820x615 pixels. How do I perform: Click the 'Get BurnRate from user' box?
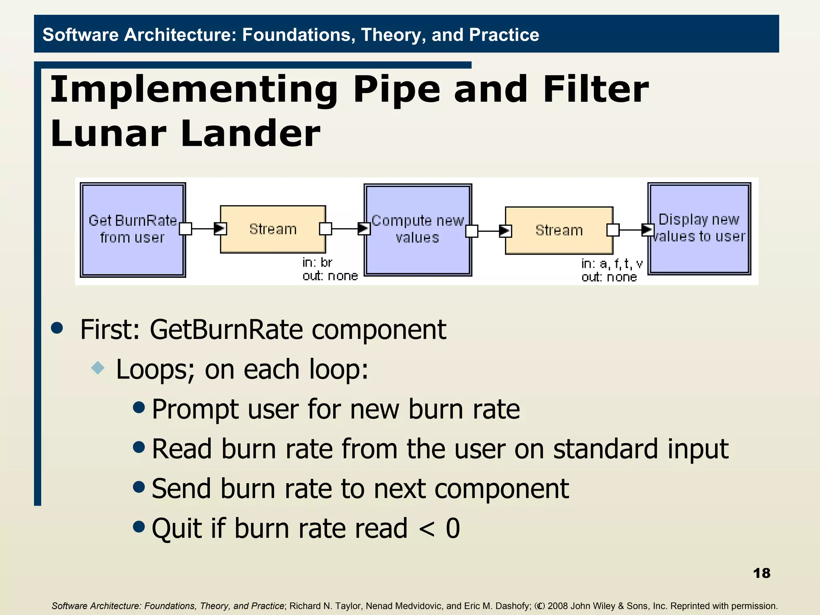point(133,229)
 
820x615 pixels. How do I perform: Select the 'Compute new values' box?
point(418,230)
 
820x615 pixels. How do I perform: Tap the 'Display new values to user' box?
point(699,229)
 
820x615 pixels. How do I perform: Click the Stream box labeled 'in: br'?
point(273,229)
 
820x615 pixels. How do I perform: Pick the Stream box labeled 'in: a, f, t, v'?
point(559,230)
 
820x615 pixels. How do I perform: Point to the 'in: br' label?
point(317,263)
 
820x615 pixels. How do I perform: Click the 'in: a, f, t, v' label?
point(612,264)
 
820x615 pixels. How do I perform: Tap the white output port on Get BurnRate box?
point(185,229)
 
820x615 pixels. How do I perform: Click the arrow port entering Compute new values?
point(364,229)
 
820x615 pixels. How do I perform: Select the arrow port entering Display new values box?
point(647,230)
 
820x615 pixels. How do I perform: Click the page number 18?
point(761,573)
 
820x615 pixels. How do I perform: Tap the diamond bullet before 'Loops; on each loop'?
point(98,368)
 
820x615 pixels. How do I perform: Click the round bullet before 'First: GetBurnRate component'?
point(57,328)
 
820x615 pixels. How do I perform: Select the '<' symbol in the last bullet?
point(426,529)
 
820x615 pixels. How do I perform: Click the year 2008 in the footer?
point(558,606)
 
